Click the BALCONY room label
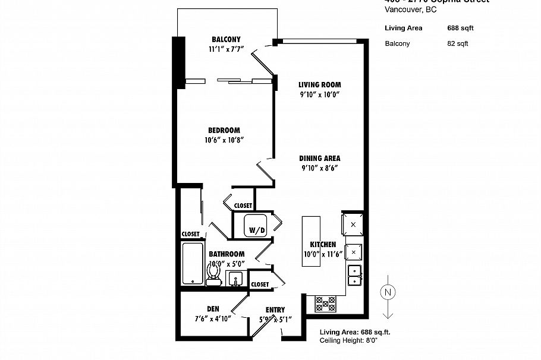pyautogui.click(x=225, y=40)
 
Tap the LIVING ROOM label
pyautogui.click(x=319, y=85)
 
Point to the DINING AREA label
pyautogui.click(x=319, y=159)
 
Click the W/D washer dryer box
pyautogui.click(x=257, y=226)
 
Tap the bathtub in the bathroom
pyautogui.click(x=192, y=264)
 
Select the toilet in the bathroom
pyautogui.click(x=213, y=274)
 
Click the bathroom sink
pyautogui.click(x=236, y=278)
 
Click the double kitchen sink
pyautogui.click(x=354, y=274)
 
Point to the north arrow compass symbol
pyautogui.click(x=387, y=293)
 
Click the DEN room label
pyautogui.click(x=213, y=309)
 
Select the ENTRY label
pyautogui.click(x=275, y=310)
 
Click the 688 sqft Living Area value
pyautogui.click(x=460, y=28)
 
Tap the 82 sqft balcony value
pyautogui.click(x=458, y=43)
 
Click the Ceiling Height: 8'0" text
pyautogui.click(x=348, y=340)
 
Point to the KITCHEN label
pyautogui.click(x=323, y=245)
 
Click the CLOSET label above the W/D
pyautogui.click(x=243, y=206)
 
